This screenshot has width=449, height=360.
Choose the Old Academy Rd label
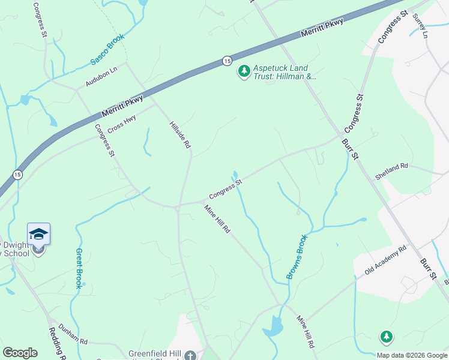tap(385, 260)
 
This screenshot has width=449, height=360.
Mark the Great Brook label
tap(78, 268)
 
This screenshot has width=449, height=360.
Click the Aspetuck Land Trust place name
tap(284, 72)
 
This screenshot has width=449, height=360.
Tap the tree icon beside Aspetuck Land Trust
tap(244, 72)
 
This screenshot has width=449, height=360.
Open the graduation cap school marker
tap(38, 233)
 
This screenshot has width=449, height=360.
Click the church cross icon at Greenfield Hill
tap(190, 355)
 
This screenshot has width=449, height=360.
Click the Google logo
tap(20, 353)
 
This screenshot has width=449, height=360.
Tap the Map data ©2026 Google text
tap(411, 355)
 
